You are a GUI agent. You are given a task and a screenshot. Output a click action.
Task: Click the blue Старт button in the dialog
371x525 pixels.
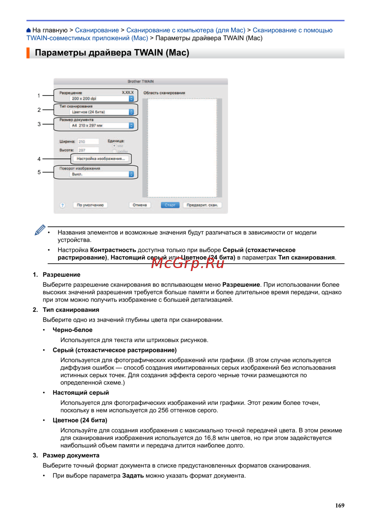(170, 205)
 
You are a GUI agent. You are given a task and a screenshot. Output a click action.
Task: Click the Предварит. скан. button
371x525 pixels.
(202, 205)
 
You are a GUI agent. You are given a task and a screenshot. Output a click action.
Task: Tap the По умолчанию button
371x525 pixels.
(90, 205)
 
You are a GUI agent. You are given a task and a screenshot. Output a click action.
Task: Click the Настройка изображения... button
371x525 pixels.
(101, 159)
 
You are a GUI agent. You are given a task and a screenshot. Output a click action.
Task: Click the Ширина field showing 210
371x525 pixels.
(88, 141)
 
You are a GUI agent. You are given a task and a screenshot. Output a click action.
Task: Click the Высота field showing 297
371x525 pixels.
(88, 150)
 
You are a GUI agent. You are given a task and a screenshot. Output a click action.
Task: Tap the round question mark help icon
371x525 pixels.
(62, 205)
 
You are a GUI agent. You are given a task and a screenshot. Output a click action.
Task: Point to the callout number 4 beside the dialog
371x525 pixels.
(39, 159)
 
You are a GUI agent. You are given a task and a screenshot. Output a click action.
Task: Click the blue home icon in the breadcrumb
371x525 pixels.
(29, 30)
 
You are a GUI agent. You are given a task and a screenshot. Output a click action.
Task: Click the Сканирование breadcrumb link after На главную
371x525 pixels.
(97, 30)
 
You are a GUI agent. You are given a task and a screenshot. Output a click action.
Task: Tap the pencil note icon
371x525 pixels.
(40, 230)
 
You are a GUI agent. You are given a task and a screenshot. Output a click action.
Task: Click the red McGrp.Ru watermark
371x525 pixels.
(188, 263)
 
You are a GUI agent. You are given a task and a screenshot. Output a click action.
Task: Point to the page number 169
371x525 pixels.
(339, 505)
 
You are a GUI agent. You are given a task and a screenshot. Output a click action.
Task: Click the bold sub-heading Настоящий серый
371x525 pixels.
(81, 392)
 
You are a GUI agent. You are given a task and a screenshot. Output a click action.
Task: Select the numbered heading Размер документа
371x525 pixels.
(71, 455)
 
